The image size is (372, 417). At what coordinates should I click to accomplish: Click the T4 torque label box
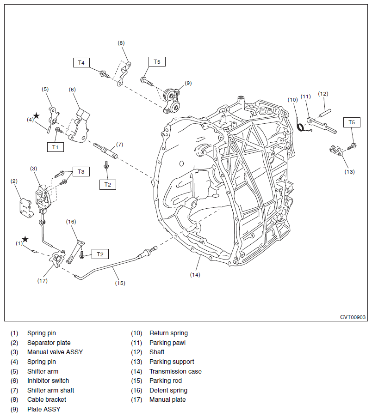81,62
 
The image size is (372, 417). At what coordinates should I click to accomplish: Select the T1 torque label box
55,147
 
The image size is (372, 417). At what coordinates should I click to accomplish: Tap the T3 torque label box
81,171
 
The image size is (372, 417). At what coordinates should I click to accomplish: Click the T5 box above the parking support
352,122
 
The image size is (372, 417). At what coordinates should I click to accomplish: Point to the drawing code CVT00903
353,317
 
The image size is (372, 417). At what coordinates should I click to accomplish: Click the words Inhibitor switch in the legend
48,381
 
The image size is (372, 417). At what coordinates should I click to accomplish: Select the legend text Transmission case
175,371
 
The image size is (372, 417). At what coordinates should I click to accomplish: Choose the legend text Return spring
168,333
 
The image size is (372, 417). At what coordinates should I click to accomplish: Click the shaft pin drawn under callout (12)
324,112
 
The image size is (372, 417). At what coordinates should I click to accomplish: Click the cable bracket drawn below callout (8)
124,73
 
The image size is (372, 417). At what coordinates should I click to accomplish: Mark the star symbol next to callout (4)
36,115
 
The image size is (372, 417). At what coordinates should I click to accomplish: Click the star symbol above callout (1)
25,239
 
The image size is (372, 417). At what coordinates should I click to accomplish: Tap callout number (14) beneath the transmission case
195,274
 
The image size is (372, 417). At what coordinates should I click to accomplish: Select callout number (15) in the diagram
120,283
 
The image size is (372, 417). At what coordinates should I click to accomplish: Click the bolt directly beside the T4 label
104,73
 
